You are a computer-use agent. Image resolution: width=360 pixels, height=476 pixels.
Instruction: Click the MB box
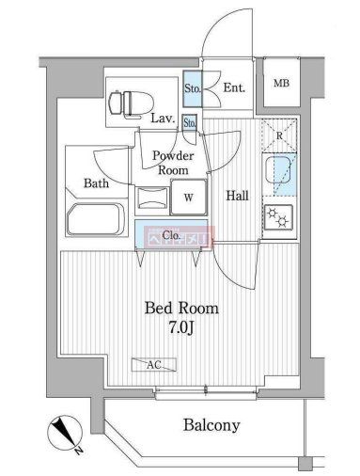[281, 84]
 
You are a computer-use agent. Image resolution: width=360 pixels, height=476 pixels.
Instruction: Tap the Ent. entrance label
[234, 88]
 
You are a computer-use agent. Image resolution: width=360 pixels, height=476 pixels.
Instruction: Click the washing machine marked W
[188, 198]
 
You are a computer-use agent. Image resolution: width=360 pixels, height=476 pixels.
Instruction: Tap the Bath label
[98, 183]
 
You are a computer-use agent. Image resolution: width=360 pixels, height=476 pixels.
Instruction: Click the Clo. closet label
[171, 235]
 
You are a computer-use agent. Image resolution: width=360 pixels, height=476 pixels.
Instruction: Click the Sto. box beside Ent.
[193, 88]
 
